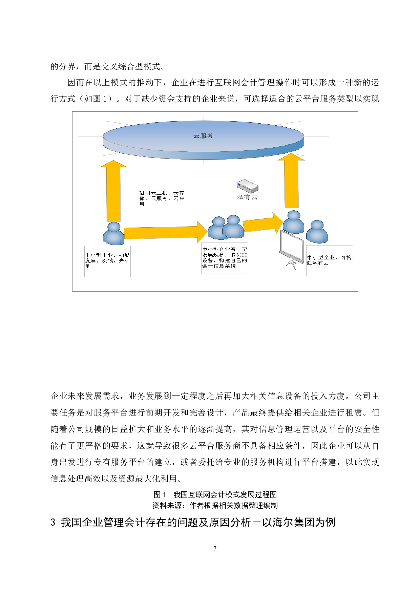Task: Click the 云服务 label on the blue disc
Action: (203, 136)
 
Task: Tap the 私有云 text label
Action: (247, 197)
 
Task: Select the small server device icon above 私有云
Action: (247, 185)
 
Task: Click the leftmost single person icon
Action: (113, 234)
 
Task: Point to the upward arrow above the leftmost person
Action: (113, 193)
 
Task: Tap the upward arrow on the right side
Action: (291, 183)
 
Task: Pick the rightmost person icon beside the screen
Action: (317, 232)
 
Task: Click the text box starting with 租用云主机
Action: (162, 198)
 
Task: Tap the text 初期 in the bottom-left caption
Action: (124, 255)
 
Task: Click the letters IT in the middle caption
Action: (244, 255)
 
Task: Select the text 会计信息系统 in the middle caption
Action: (219, 266)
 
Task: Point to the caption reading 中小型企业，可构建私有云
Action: (329, 260)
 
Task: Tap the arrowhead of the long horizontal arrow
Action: (202, 232)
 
